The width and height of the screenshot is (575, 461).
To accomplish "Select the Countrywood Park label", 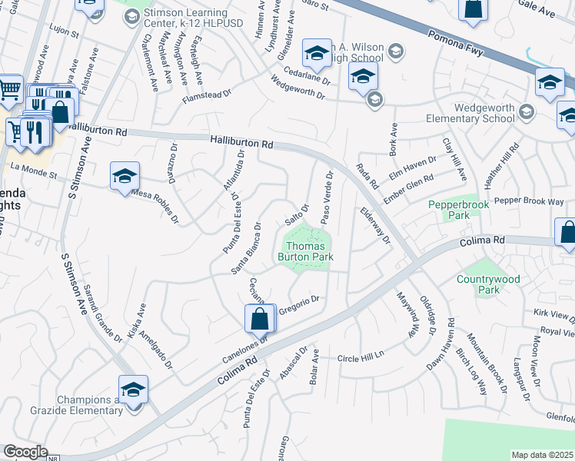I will click(489, 284).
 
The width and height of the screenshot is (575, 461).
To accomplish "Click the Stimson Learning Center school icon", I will click(131, 15).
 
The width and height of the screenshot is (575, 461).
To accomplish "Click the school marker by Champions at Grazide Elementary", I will click(133, 389).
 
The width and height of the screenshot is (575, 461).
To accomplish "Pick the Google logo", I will click(25, 452).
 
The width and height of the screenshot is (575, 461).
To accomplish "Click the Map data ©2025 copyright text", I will click(542, 455).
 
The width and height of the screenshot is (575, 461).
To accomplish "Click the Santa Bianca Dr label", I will click(251, 251).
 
